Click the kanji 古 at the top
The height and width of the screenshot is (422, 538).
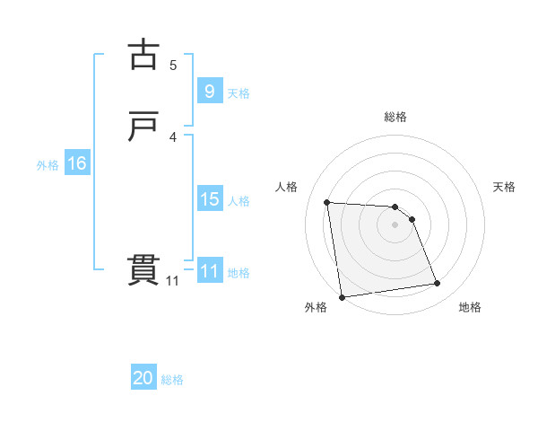143,55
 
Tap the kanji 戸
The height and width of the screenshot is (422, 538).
143,127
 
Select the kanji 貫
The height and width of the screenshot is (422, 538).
143,270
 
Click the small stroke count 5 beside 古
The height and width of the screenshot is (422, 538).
173,65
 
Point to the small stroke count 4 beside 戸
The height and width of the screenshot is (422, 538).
173,136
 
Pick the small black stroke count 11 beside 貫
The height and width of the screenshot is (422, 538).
172,281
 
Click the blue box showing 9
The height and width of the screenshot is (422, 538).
209,91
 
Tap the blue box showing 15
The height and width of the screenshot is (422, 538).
209,199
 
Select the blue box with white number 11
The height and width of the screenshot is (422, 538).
209,271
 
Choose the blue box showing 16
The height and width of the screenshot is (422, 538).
76,163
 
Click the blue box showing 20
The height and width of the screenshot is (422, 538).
143,378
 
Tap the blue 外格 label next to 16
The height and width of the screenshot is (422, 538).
48,165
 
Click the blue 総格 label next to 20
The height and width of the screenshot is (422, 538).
172,380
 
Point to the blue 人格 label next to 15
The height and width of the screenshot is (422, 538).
239,201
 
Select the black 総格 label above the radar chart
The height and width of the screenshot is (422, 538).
395,117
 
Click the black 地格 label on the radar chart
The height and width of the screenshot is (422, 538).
470,307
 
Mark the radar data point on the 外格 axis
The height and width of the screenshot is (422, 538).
342,297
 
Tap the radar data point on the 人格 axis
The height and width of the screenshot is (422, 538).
327,202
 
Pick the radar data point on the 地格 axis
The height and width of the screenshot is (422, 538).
438,284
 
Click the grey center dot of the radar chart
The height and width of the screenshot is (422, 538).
395,224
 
